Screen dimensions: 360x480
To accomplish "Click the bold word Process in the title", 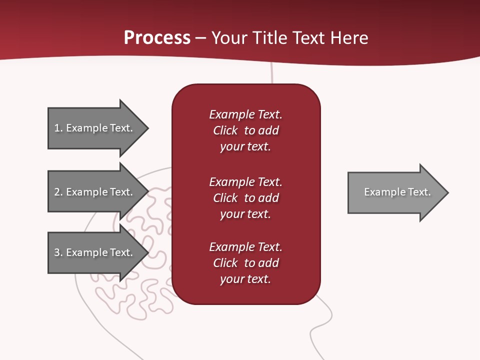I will tap(157, 38).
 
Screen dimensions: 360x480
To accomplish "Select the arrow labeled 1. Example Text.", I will tap(93, 128).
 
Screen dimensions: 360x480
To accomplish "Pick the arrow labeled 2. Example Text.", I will tap(93, 192).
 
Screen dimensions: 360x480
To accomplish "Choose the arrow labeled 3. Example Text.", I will tap(93, 252).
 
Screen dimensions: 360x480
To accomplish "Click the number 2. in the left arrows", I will tap(58, 192).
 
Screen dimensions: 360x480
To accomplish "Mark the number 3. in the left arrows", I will tap(58, 252).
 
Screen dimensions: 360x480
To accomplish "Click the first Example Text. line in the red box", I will tap(245, 114).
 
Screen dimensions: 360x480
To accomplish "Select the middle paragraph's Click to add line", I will tap(245, 198).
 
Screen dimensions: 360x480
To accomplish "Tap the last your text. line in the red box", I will tap(245, 279).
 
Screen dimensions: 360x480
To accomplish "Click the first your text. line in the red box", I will tap(245, 146).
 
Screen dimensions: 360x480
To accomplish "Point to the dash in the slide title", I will tap(201, 38).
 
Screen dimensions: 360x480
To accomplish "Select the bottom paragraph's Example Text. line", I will tap(245, 247).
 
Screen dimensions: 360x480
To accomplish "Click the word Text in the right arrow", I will tap(419, 192).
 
